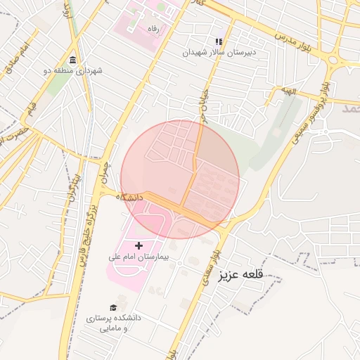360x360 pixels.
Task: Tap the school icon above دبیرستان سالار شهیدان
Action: point(219,41)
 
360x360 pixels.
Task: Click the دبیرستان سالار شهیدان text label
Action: point(219,52)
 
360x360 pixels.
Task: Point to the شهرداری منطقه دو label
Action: point(73,71)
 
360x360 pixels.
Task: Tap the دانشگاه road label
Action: point(129,198)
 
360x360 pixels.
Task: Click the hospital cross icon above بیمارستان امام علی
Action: point(139,245)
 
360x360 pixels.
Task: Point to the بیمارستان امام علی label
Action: point(139,257)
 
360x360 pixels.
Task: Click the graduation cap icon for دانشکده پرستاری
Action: point(113,307)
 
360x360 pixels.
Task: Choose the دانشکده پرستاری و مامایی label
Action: point(113,323)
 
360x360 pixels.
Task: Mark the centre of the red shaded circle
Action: point(180,179)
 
